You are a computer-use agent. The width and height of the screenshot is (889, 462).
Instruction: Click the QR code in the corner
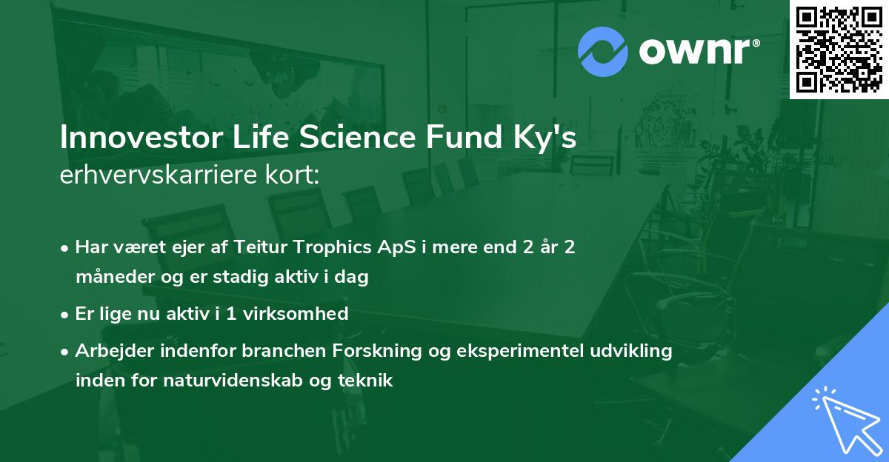tap(839, 49)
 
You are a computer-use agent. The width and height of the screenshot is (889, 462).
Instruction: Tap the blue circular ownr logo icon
tap(602, 51)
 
